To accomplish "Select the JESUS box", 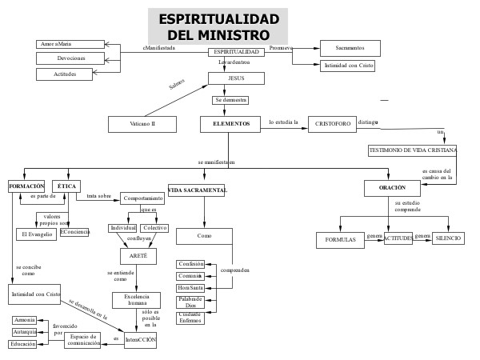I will pos(236,78).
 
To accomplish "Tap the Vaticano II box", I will pos(142,124).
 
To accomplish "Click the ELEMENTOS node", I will pos(231,124).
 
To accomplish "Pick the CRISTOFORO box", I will pos(331,124).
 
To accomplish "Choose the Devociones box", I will pos(71,58).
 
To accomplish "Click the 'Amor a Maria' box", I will pos(71,43).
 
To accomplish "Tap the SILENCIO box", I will pos(448,238).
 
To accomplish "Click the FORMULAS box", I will pos(340,239).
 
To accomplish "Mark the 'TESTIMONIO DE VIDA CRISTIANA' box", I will pos(413,150).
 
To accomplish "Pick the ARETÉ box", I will pos(138,255).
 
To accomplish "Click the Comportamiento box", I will pos(142,198).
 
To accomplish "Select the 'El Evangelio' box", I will pos(36,234).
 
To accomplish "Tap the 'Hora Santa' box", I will pos(190,287).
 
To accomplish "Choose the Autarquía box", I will pos(24,331).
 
